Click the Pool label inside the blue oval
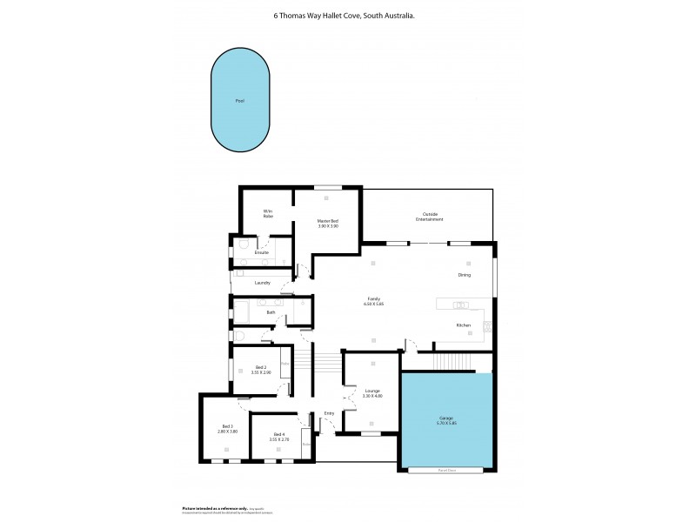239,101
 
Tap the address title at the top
347,15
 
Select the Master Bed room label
327,221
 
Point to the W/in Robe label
268,213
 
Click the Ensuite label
261,252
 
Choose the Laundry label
262,283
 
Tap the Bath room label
271,312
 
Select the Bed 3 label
227,426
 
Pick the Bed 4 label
278,434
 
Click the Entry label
329,413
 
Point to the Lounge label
372,391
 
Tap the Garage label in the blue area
446,418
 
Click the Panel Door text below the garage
446,471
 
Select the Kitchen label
464,325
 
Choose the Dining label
465,275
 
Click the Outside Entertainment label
429,217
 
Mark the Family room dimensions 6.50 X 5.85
373,304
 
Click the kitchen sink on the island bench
460,305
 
